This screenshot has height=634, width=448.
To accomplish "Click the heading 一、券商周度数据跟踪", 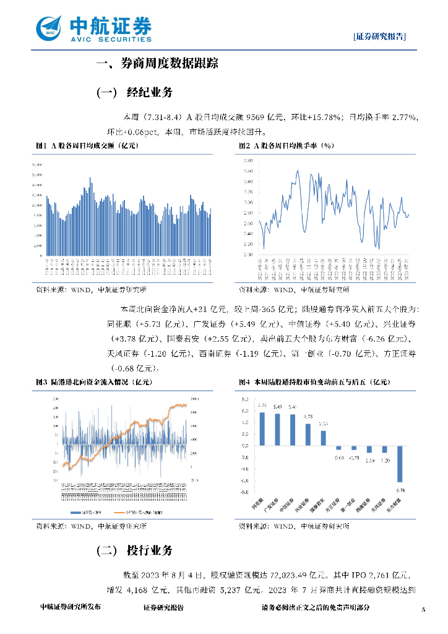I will [158, 63].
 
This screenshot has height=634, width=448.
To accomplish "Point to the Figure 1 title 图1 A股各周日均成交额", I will [87, 145].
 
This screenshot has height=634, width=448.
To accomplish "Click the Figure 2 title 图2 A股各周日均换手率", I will [286, 145].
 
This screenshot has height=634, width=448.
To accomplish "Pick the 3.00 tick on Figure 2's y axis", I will [248, 202].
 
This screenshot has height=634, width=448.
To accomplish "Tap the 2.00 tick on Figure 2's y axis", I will [248, 254].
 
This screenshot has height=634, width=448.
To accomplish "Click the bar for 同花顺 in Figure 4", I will [262, 428].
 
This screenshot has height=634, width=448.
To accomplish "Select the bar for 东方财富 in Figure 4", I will [400, 464].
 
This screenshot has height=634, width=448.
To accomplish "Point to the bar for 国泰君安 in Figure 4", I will [323, 438].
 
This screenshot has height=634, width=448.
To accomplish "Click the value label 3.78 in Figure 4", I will [308, 417].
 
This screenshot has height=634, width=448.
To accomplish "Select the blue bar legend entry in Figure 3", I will [85, 513].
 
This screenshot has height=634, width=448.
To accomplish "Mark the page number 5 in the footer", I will [423, 610].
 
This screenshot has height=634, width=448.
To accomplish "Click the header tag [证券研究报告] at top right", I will [380, 37].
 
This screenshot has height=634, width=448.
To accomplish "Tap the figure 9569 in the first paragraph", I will [255, 117].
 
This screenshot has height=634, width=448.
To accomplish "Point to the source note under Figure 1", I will [91, 289].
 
